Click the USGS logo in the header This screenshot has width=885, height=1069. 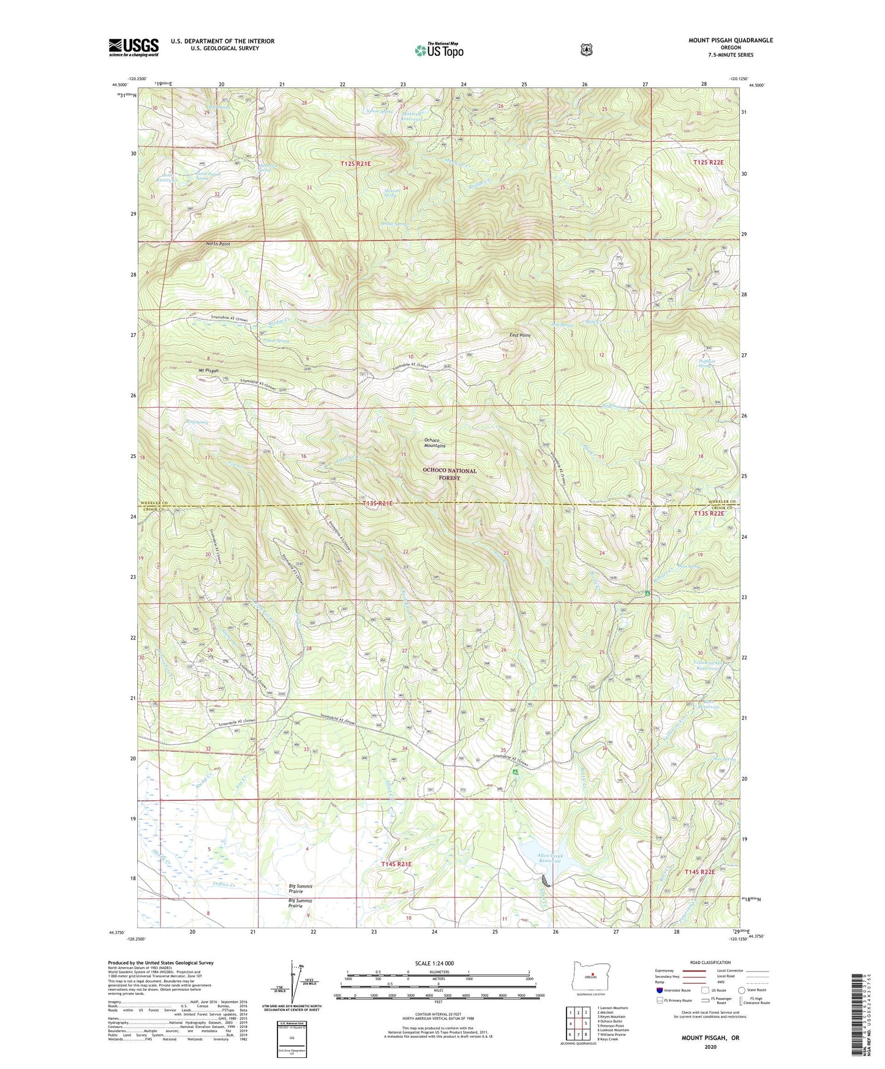[x=134, y=47]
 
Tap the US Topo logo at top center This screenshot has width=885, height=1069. [x=439, y=50]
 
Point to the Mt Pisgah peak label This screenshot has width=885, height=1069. [x=208, y=371]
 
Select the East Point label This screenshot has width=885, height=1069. [x=519, y=335]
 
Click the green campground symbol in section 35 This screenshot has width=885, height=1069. [x=516, y=773]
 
